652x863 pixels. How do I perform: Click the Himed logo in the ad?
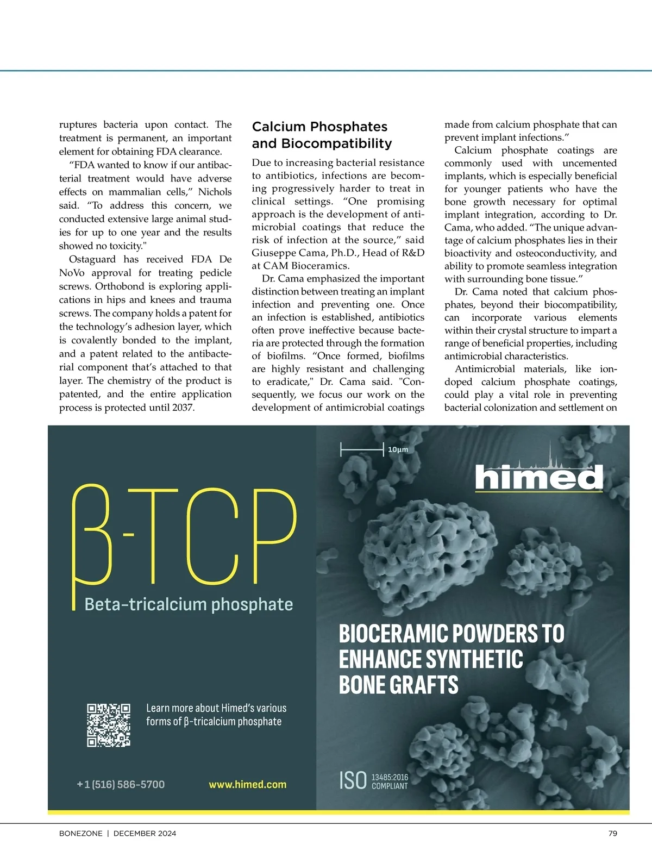538,477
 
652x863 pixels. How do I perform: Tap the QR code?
109,725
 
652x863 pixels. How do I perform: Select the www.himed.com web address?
247,784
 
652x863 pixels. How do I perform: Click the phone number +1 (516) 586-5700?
121,784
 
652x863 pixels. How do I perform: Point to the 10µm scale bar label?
398,449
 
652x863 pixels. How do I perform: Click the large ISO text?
353,780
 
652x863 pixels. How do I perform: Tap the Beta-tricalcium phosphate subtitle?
189,604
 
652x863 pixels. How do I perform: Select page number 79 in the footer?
612,833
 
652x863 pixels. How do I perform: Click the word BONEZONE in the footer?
80,833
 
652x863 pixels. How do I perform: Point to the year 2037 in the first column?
182,408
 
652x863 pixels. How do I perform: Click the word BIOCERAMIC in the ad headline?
393,634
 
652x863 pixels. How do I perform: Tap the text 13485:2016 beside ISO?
390,777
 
